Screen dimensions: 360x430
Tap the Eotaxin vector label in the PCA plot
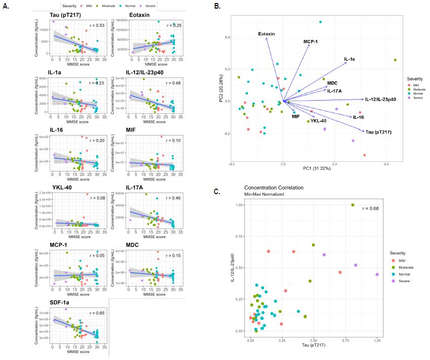(266, 34)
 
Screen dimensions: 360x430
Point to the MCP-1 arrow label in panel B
(311, 42)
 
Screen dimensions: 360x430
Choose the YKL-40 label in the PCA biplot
(318, 121)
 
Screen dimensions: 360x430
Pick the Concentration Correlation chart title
(274, 188)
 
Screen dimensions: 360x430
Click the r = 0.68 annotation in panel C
(371, 208)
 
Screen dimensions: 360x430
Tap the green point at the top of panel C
(353, 205)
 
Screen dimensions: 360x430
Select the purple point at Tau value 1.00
(377, 275)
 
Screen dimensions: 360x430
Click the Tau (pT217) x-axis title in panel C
(313, 347)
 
